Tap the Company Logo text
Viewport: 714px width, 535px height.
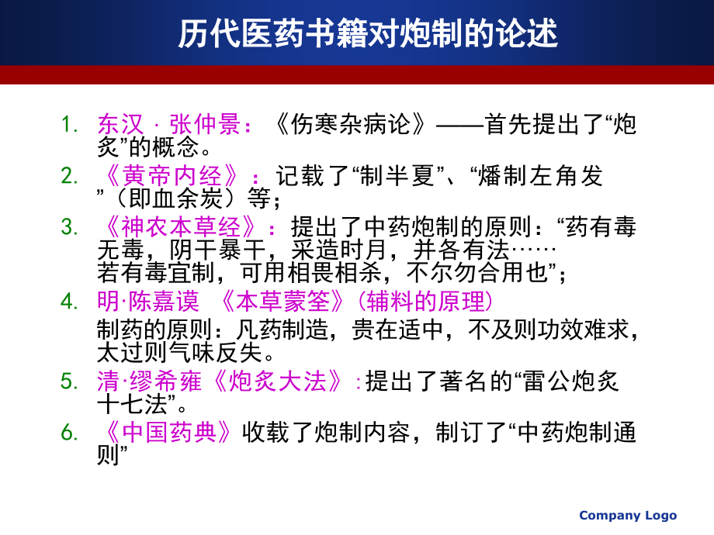628,516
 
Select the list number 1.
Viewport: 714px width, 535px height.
71,126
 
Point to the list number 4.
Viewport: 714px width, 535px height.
71,301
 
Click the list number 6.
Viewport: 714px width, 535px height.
71,433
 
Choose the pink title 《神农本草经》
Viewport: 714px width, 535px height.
186,228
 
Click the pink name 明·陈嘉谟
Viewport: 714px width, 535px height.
148,301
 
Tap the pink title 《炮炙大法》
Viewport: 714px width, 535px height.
276,381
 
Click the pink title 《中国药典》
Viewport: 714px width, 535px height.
166,433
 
